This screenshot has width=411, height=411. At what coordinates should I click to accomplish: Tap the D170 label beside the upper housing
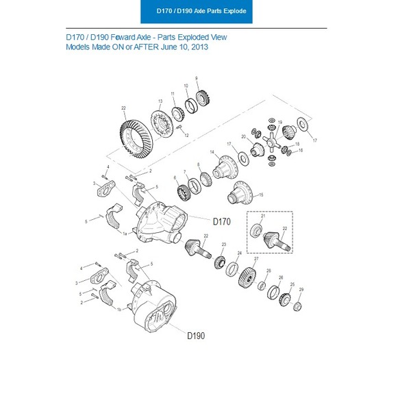pyautogui.click(x=223, y=221)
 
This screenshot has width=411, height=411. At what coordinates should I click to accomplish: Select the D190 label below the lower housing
pyautogui.click(x=195, y=336)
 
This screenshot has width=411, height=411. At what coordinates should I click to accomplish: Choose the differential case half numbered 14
pyautogui.click(x=223, y=168)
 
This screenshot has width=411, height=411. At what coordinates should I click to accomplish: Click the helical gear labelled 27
pyautogui.click(x=247, y=277)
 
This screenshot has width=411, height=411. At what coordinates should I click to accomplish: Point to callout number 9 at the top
pyautogui.click(x=197, y=78)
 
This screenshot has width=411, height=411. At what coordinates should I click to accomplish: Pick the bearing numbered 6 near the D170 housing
pyautogui.click(x=182, y=186)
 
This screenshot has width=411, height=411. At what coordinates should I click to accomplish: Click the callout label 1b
pyautogui.click(x=119, y=310)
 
